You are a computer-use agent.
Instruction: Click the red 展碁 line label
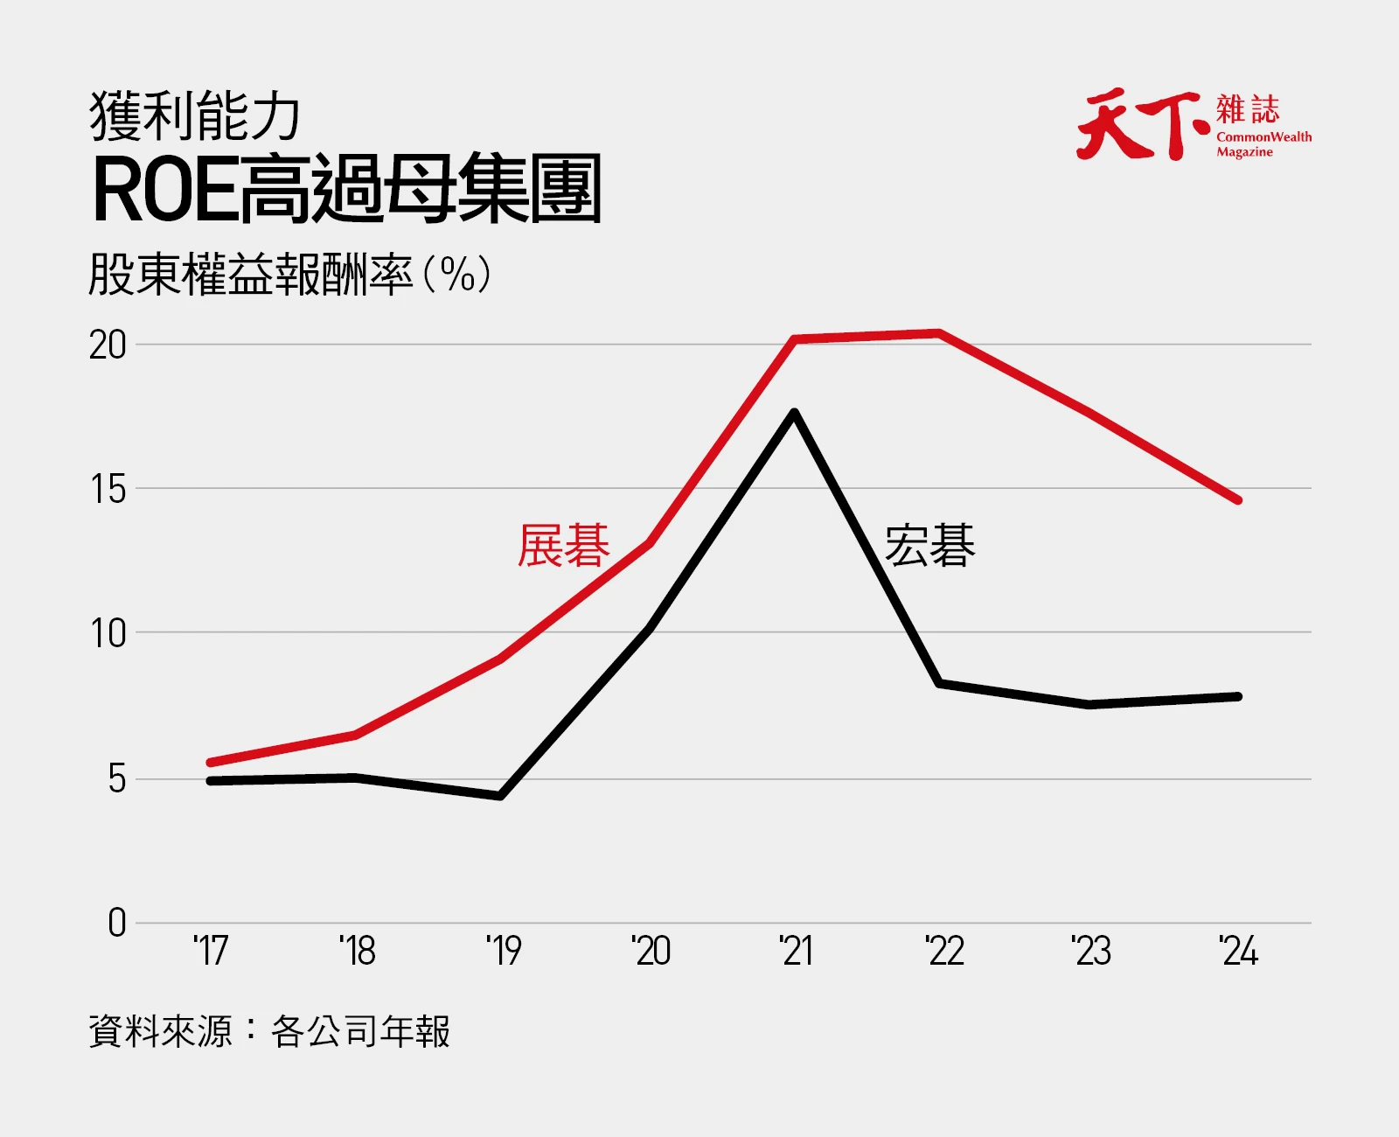564,545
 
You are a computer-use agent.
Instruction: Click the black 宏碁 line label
929,545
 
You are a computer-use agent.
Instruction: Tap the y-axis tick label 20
108,345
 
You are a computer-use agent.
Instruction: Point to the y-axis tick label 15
108,490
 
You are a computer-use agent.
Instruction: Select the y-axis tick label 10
108,634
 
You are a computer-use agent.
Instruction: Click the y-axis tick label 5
117,779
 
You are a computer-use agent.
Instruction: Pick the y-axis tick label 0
117,923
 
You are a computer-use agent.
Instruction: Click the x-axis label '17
211,951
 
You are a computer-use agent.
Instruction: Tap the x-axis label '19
504,951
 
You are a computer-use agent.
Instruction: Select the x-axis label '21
796,951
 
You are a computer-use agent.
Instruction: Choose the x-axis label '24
1239,951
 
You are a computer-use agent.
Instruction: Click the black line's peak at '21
795,413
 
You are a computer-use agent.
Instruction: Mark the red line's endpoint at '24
1239,500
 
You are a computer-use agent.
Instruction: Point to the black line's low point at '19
500,796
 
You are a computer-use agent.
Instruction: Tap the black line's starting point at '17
210,781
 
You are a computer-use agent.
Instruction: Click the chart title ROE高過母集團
346,189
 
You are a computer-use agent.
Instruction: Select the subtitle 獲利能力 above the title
194,116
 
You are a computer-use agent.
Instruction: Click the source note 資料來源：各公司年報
269,1030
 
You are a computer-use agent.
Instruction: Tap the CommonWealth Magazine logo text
1263,143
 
